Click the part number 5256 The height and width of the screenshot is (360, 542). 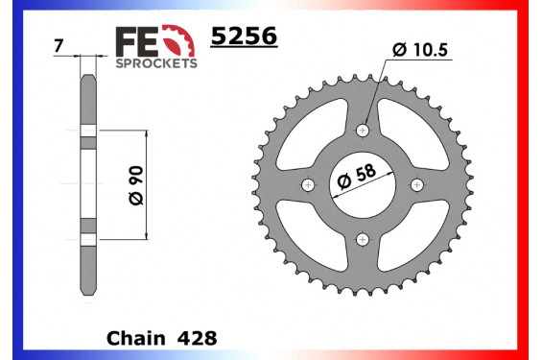(x=244, y=36)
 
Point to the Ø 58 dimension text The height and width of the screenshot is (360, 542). (x=355, y=179)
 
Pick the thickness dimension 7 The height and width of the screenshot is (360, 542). (x=61, y=45)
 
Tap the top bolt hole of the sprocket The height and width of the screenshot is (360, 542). (x=362, y=130)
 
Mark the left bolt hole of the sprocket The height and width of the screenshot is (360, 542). (x=307, y=184)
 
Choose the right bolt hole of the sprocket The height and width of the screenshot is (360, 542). (x=416, y=184)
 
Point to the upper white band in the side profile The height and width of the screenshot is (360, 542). (x=88, y=130)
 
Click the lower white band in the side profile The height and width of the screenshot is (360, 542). (x=88, y=238)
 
